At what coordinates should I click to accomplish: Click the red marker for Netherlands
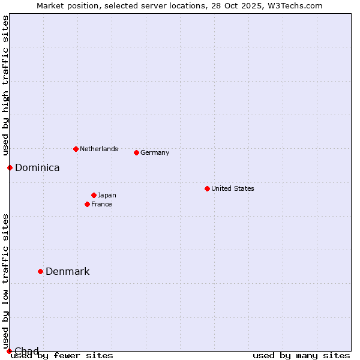coord(76,149)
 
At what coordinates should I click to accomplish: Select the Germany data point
coord(136,152)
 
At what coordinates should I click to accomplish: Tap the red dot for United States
coord(207,188)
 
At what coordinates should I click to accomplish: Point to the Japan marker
coord(94,195)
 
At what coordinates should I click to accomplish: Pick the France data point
coord(87,204)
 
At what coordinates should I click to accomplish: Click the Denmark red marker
coord(40,271)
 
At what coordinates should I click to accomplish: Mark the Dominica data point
coord(10,167)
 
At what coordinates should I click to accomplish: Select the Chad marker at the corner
coord(9,351)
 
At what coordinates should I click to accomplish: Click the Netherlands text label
coord(98,149)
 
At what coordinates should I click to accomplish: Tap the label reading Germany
coord(155,152)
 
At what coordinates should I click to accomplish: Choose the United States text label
coord(232,188)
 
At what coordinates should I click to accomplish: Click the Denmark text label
coord(67,271)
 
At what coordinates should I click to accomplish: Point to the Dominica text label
coord(37,167)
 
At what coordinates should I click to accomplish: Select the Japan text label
coord(107,195)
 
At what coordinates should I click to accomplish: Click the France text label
coord(101,204)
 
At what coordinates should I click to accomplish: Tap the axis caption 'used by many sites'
coord(301,355)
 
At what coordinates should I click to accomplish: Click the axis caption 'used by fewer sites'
coord(62,355)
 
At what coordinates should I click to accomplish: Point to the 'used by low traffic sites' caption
coord(5,281)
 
